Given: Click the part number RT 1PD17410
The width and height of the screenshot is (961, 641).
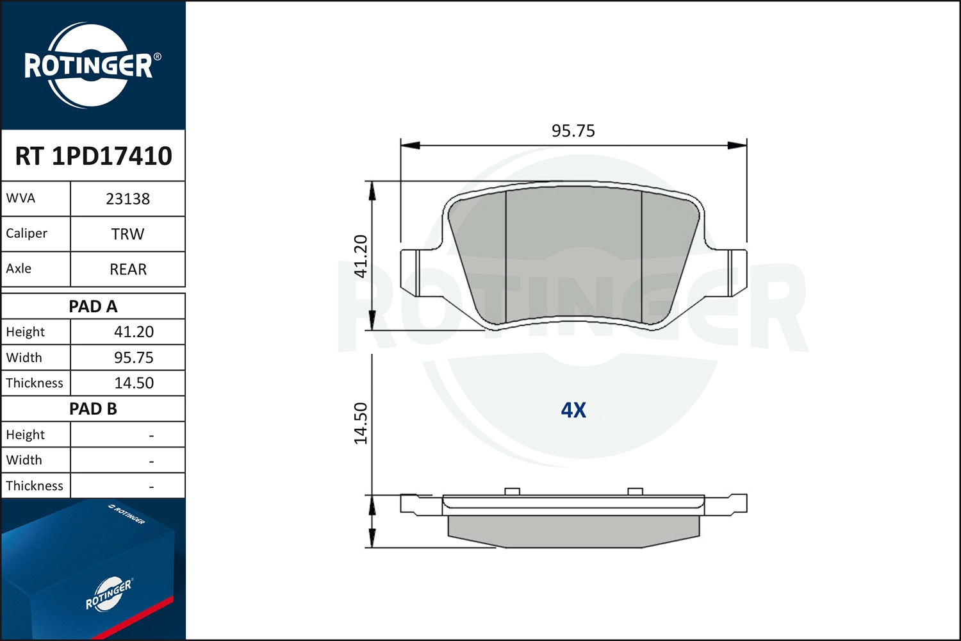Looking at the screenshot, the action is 94,156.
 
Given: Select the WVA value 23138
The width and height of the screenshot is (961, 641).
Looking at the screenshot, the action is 128,199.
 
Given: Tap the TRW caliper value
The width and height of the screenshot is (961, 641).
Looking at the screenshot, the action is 128,234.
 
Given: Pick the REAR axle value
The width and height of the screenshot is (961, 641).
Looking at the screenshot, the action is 128,269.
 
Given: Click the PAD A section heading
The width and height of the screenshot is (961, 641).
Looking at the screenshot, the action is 93,306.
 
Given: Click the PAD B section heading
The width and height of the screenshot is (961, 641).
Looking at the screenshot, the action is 93,409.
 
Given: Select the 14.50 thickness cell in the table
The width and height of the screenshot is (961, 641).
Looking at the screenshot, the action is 134,383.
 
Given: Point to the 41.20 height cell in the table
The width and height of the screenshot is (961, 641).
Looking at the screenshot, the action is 134,332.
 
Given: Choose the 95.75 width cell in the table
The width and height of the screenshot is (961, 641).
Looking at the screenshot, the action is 134,358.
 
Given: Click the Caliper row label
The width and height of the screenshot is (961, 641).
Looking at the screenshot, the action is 27,233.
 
